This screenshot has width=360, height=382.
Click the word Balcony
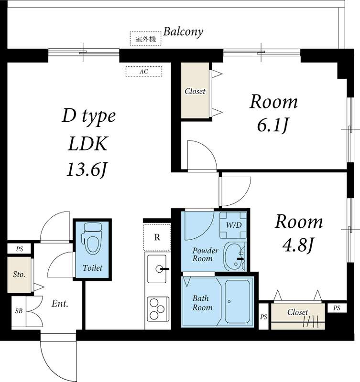point(183,32)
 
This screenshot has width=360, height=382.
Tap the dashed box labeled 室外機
point(145,39)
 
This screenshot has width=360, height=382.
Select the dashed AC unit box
point(143,71)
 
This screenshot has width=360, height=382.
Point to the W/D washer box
point(233,225)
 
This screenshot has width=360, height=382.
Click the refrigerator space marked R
point(157,237)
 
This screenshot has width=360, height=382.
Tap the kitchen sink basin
point(157,269)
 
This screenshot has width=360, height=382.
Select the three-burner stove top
point(157,309)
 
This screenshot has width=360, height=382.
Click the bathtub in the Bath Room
point(237,302)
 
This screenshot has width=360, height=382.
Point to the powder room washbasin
point(234,256)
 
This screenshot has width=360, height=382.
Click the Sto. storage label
point(19,275)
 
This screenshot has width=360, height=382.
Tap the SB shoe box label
point(19,311)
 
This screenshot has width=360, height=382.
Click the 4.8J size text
point(297,245)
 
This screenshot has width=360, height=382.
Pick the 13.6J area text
point(87,170)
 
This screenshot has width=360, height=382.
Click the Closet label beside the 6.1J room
point(195,91)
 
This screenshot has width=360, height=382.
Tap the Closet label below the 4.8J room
point(297,312)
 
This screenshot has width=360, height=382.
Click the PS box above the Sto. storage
point(19,249)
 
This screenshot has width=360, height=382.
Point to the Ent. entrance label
point(60,304)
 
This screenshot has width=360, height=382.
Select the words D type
point(89,116)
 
